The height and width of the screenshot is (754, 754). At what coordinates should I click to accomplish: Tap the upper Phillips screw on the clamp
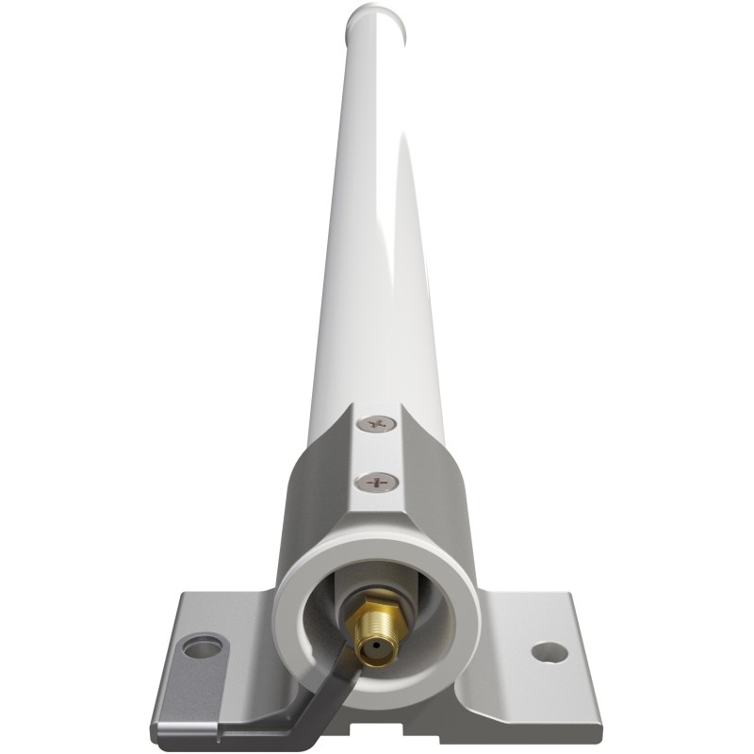377,425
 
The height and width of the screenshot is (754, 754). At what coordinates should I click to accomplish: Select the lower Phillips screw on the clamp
377,484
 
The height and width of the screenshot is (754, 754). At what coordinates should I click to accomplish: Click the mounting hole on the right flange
549,651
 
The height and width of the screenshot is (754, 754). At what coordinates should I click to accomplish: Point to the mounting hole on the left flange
203,647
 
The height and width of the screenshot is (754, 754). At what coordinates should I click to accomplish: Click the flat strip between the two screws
377,454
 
